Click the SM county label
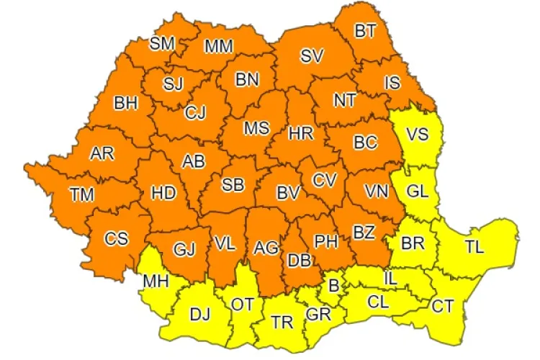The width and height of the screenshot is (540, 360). (x=162, y=43)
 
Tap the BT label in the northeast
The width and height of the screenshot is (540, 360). (x=365, y=31)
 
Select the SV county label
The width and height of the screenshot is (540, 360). (x=311, y=55)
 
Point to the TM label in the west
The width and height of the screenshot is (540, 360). (x=82, y=193)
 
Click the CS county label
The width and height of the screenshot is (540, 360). (x=116, y=239)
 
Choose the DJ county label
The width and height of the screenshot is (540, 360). (x=199, y=314)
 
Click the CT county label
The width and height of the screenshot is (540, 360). (x=443, y=306)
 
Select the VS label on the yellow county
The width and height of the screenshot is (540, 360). (x=416, y=135)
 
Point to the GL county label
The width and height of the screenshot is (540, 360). (x=417, y=192)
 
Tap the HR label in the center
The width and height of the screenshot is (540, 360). (x=300, y=133)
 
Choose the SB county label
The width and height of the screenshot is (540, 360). (x=232, y=185)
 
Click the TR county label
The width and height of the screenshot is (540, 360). (x=282, y=323)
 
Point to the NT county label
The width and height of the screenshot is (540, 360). (x=344, y=100)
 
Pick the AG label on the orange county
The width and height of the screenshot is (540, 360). (x=266, y=248)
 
